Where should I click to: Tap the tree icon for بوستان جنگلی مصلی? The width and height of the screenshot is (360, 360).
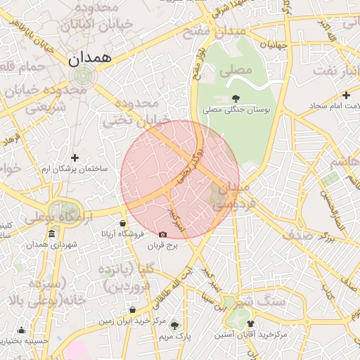(236, 98)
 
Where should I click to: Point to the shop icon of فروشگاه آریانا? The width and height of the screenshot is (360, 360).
(123, 223)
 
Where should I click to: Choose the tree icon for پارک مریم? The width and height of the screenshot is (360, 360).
(175, 325)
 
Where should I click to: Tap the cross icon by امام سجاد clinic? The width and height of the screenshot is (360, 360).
(346, 95)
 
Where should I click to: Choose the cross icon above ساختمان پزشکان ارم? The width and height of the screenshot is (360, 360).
(75, 157)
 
